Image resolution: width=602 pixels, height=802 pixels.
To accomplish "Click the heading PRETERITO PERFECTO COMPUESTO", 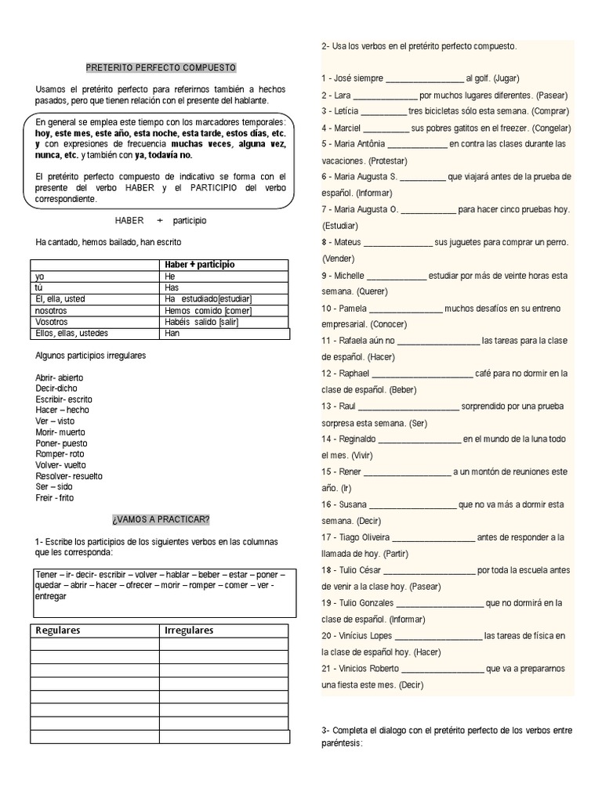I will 160,68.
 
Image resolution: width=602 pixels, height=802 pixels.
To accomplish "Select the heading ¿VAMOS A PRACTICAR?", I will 160,519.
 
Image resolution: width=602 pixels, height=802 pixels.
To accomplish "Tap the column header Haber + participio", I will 200,265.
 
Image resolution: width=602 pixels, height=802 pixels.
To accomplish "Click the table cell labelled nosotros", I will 52,310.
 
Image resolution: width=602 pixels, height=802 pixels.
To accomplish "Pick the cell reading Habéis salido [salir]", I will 201,322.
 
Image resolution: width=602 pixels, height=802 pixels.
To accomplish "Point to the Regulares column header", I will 59,630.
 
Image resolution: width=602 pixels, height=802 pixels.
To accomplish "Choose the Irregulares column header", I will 189,630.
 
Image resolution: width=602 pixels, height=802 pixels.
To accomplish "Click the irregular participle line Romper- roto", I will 60,453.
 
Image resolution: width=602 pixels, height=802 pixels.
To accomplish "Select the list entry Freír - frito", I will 55,497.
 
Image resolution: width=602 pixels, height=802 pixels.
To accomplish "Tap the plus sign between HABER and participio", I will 159,221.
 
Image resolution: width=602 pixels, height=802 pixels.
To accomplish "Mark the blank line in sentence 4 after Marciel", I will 386,128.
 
